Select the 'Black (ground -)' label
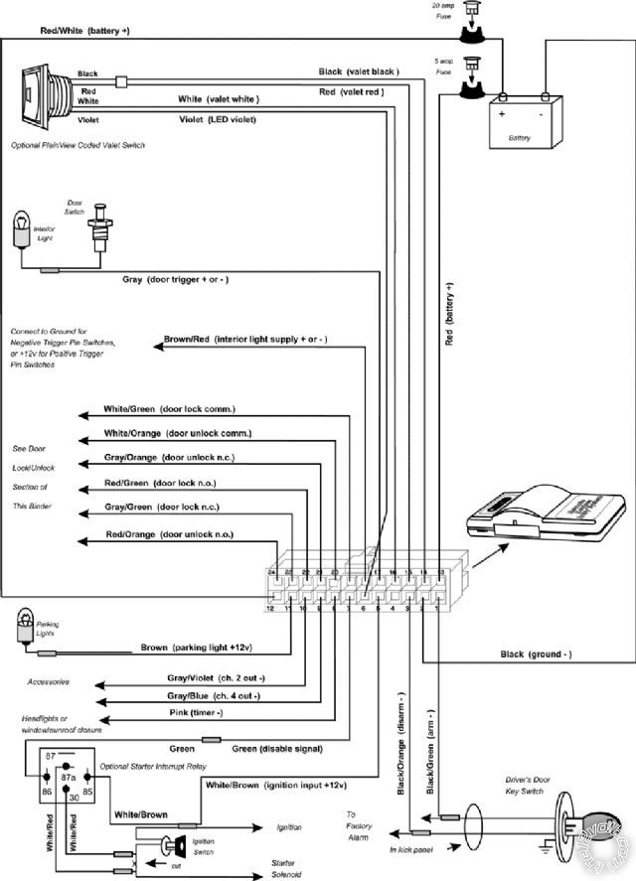tap(536, 655)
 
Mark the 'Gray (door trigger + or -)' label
tap(175, 280)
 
